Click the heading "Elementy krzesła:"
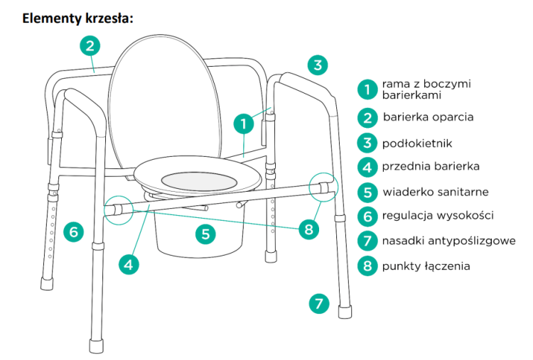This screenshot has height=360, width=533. pos(78,18)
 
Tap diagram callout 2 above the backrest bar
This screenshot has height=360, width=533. pos(90,46)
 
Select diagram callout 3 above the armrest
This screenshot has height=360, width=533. pos(318,65)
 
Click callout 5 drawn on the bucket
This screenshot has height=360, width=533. pos(205,234)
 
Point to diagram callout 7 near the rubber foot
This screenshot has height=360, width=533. pos(319,303)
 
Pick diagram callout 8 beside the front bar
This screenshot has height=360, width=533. pos(308,229)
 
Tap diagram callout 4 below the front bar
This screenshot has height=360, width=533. pos(129,264)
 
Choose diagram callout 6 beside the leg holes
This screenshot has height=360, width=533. pos(74,232)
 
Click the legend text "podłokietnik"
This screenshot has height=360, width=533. pos(417,143)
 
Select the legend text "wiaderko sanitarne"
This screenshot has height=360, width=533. pos(436,192)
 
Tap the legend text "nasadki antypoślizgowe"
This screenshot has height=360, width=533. pos(449,241)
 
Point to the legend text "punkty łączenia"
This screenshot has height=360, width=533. pos(426,266)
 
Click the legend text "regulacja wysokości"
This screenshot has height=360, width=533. pos(438,215)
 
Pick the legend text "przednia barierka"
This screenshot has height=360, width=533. pos(431,166)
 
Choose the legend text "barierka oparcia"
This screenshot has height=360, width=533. pos(429,117)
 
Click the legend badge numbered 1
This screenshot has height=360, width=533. pos(367,89)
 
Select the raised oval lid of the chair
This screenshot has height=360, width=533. pos(165,102)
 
